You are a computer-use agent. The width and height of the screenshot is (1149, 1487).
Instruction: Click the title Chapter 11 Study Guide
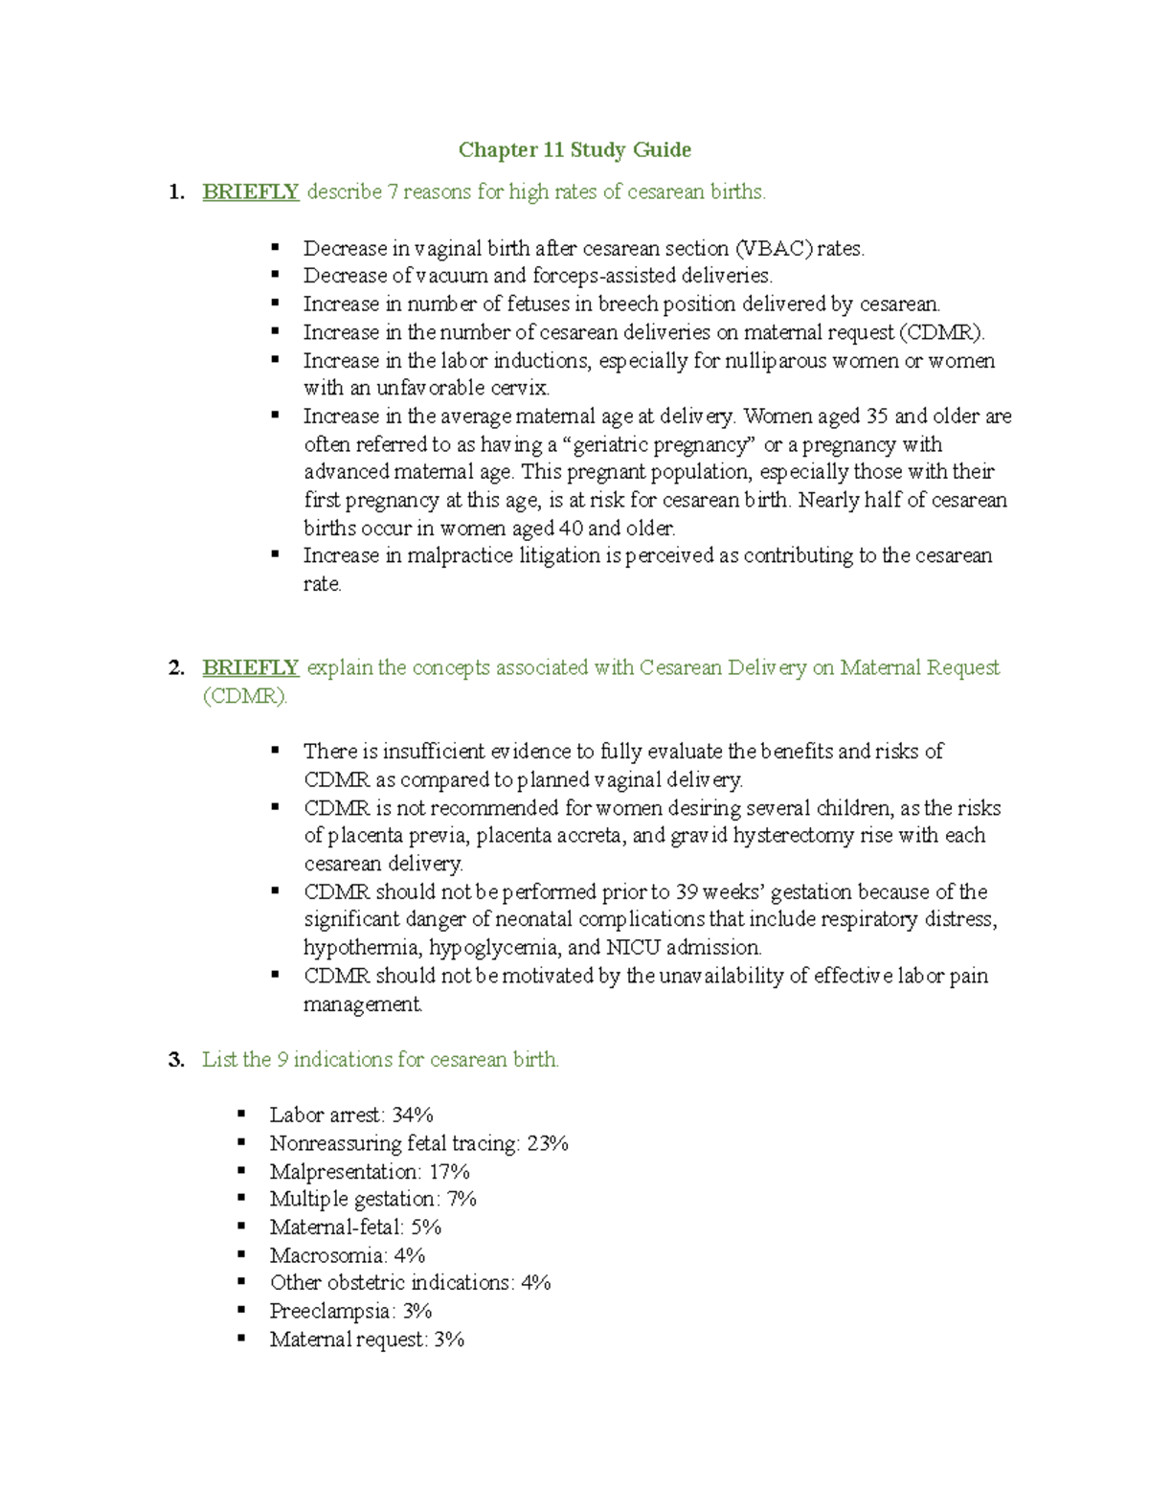coord(574,150)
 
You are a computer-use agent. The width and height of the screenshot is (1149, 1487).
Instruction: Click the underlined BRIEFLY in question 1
coord(251,192)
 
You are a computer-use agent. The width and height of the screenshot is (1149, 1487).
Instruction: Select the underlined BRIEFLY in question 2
coord(251,667)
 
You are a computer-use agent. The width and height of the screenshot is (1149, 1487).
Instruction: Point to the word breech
coord(628,304)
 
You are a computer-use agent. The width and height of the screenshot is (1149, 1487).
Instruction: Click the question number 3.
coord(175,1060)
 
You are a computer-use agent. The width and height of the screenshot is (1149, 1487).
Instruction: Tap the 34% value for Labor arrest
coord(413,1115)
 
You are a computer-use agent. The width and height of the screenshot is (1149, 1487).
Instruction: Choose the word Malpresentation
coord(345,1172)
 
